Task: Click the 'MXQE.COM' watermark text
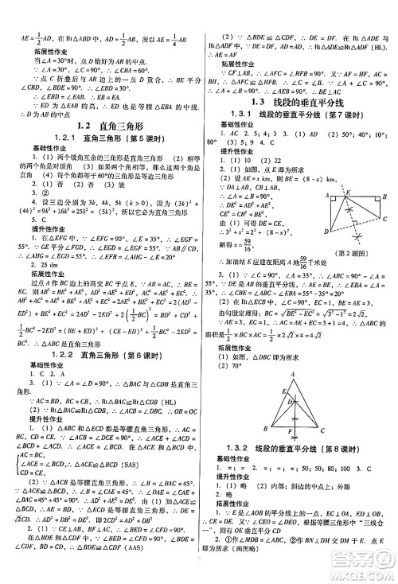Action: click(x=363, y=568)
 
